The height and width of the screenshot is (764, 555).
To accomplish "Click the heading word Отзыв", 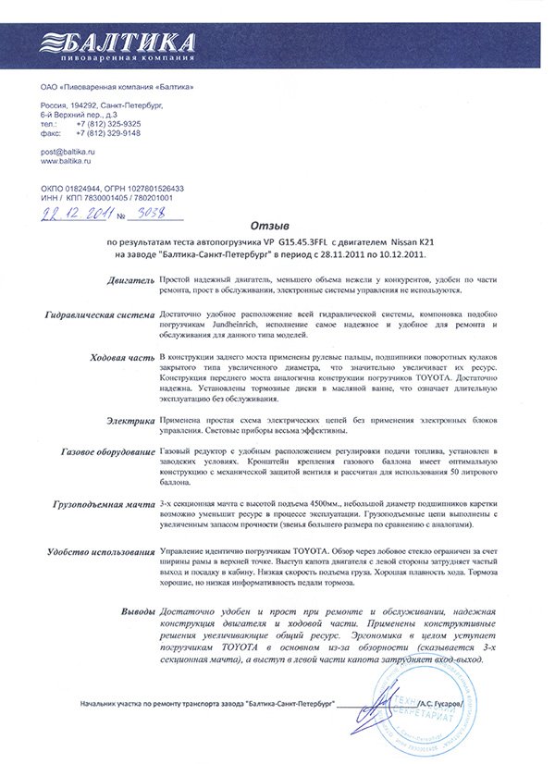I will click(x=270, y=225).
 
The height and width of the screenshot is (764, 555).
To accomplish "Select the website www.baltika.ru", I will click(x=69, y=160).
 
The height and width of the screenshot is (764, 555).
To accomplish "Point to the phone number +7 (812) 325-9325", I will click(x=108, y=122).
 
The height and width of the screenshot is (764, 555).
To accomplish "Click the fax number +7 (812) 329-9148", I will click(x=108, y=132).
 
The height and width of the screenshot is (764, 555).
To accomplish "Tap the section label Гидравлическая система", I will click(x=99, y=315).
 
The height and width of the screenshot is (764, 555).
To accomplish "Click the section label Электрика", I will click(x=129, y=421).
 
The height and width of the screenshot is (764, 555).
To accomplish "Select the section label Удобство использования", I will click(x=100, y=551).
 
